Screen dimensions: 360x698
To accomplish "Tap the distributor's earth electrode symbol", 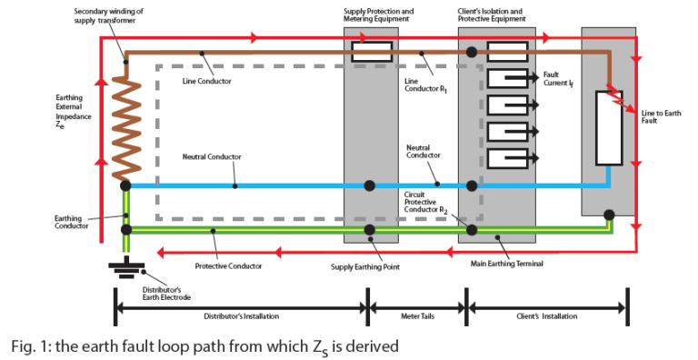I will click(125, 266).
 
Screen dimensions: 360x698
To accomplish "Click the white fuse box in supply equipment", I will click(371, 51).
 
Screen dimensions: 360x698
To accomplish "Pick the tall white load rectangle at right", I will click(607, 127).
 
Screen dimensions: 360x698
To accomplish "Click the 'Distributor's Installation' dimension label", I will click(241, 316).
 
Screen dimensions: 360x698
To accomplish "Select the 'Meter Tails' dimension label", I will click(416, 316).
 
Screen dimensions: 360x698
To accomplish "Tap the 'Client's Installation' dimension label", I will click(546, 316).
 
